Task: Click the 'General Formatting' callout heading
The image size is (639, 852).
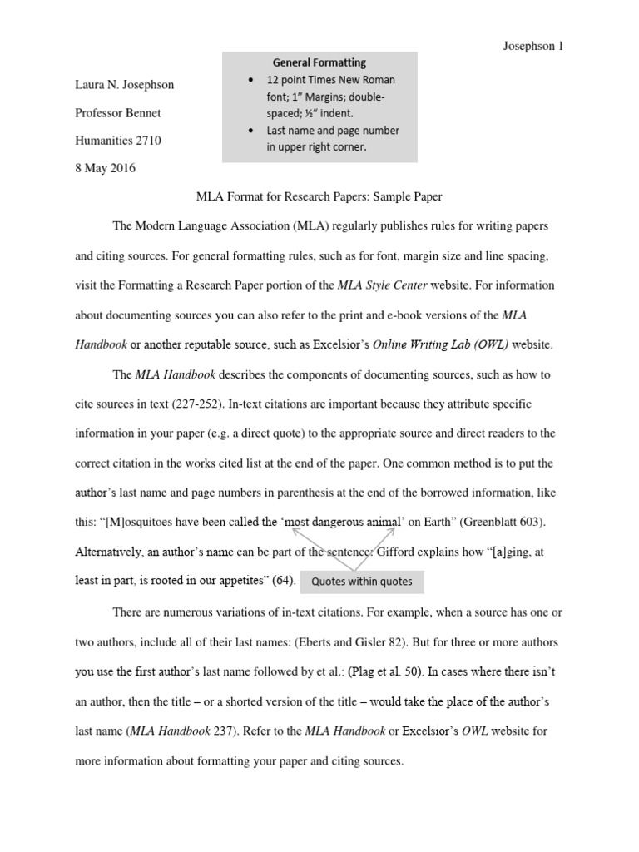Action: (320, 62)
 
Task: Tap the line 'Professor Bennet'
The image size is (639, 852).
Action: (118, 112)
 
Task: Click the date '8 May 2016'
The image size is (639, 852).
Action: (105, 168)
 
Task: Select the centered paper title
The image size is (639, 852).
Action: (319, 197)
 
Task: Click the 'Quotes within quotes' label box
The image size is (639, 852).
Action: (361, 582)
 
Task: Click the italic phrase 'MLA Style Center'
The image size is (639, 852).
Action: (383, 285)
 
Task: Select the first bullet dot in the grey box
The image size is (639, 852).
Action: (251, 80)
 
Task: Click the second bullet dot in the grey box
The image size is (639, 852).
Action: (251, 131)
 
